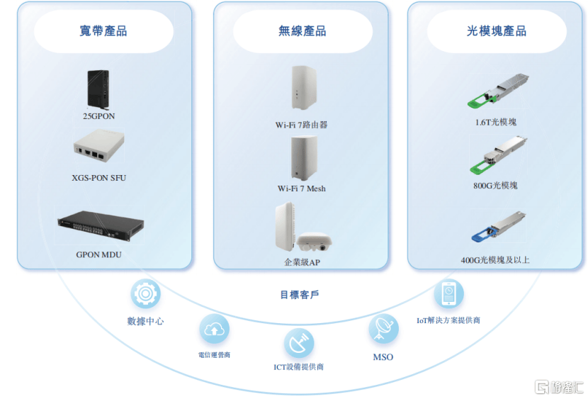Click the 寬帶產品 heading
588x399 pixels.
pos(103,31)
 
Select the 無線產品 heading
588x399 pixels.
pos(303,31)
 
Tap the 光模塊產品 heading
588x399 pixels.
pos(497,31)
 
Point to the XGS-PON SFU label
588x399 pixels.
pos(99,178)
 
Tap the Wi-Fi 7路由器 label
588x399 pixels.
pos(302,125)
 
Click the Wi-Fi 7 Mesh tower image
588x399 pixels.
pos(301,159)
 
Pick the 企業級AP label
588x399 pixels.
pos(303,262)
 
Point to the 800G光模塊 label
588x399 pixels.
pos(496,186)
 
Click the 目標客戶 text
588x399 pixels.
pos(299,294)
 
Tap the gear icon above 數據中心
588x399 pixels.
pos(145,293)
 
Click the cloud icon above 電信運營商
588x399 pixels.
pos(214,329)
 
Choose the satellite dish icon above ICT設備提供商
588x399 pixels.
pos(299,344)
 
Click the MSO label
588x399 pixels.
pos(383,357)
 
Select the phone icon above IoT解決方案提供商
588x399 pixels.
pos(449,293)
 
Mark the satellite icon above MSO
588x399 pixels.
pos(383,329)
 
